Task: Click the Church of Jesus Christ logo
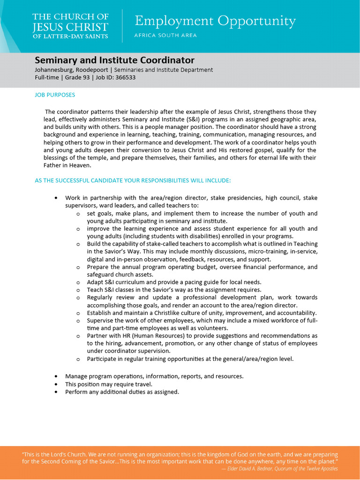click(x=70, y=26)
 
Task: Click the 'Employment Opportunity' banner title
click(x=215, y=22)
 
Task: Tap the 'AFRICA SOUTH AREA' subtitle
click(x=165, y=36)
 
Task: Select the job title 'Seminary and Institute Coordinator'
click(x=114, y=60)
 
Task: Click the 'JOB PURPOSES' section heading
click(x=55, y=95)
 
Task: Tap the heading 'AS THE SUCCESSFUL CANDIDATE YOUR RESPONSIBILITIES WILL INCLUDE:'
click(x=133, y=180)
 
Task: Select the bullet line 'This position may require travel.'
click(x=109, y=384)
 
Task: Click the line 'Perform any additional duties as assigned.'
click(x=122, y=392)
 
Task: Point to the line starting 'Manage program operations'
click(x=154, y=376)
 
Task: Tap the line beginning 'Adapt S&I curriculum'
click(x=174, y=282)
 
